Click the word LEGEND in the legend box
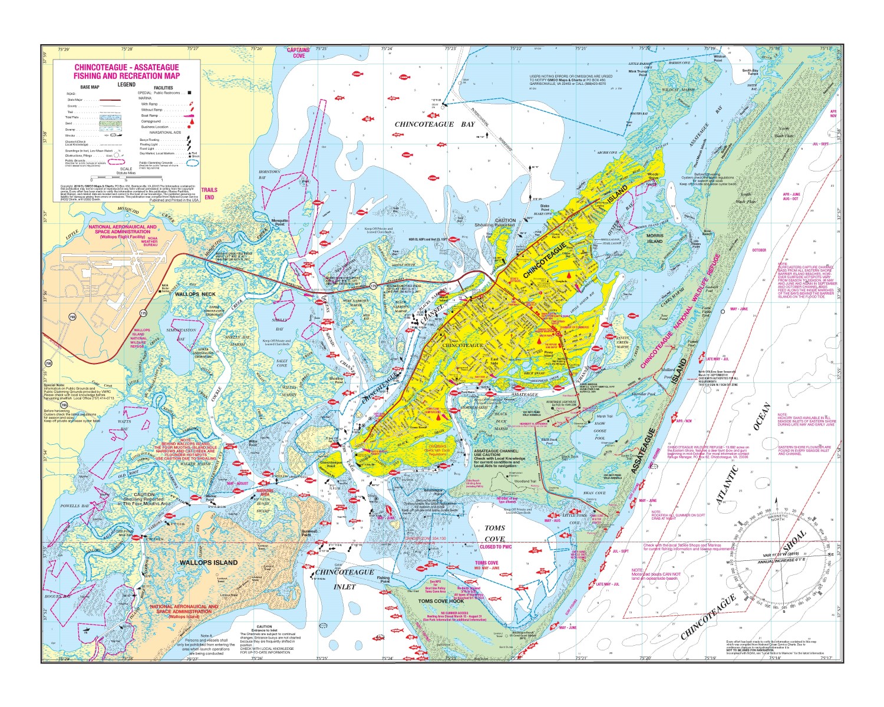click(126, 84)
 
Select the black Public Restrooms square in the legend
click(189, 93)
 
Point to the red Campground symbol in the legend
click(190, 121)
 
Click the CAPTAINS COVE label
click(298, 53)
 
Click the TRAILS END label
click(209, 193)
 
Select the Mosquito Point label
click(279, 222)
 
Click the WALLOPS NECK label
click(196, 293)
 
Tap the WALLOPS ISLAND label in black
click(209, 563)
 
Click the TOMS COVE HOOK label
click(441, 601)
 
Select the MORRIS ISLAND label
click(655, 239)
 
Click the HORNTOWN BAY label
click(269, 174)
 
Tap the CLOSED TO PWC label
click(496, 547)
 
